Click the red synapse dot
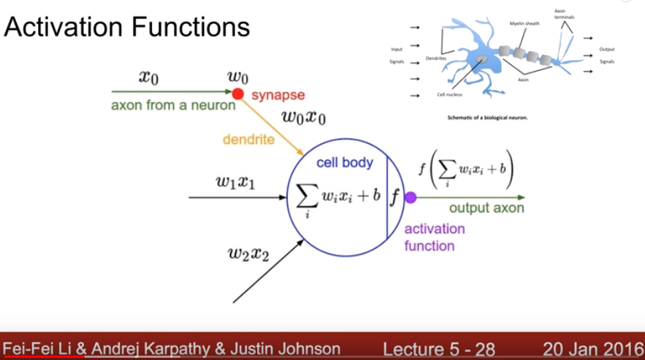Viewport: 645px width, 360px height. [x=237, y=93]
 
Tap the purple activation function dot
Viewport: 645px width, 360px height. [x=411, y=197]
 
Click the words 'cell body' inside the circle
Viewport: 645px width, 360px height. [x=344, y=162]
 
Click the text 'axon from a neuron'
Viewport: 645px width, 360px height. [x=173, y=105]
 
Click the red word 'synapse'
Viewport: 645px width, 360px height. [x=278, y=95]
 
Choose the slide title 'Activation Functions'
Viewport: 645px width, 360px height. [x=127, y=28]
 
